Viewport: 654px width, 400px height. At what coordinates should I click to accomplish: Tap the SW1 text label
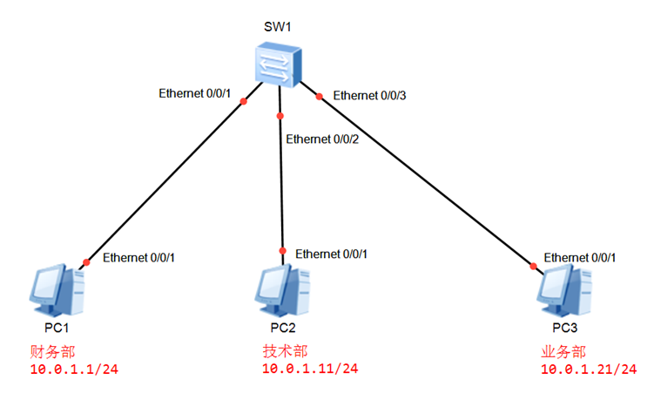coord(277,26)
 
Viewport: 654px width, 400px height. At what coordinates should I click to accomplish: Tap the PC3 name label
coord(564,329)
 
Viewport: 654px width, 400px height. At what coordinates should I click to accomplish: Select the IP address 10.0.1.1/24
coord(73,371)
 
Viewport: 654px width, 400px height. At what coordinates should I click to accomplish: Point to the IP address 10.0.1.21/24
coord(589,369)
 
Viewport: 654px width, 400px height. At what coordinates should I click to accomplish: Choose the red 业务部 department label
coord(563,352)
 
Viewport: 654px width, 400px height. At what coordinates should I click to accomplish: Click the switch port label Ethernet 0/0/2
coord(322,139)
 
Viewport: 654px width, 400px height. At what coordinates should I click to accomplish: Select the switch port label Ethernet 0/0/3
coord(370,95)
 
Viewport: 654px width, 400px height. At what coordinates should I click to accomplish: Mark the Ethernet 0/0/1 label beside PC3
coord(580,258)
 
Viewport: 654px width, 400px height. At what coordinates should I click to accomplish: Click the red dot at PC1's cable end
coord(86,261)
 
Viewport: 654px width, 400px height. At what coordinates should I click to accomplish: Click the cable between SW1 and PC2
coord(281,183)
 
